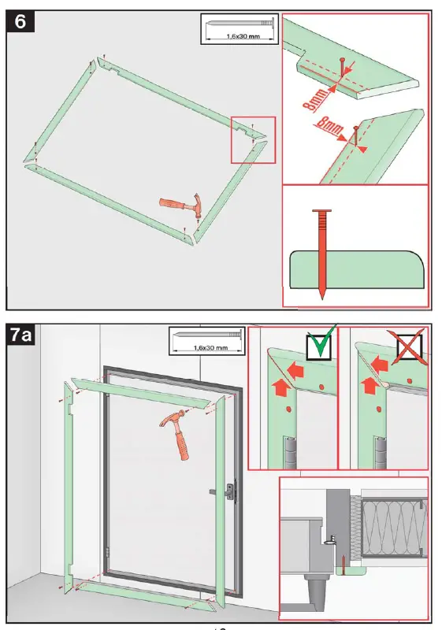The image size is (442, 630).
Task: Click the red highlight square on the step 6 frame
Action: click(x=253, y=139)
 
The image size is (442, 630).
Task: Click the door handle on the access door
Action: click(x=228, y=491)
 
